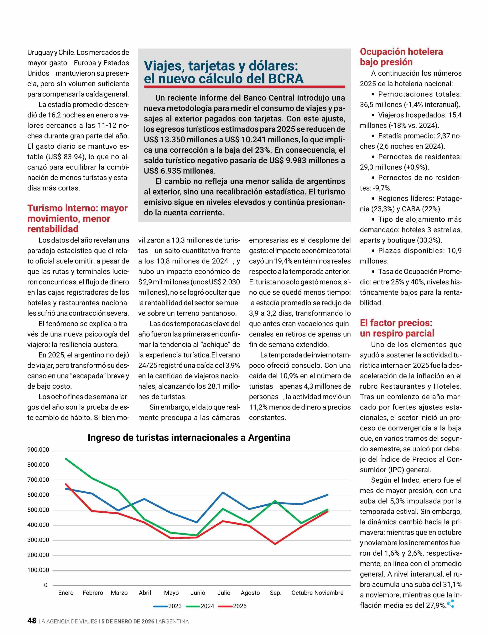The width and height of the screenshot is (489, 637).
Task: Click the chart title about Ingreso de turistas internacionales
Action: coord(189,438)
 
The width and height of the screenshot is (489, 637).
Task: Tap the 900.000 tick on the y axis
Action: coord(38,450)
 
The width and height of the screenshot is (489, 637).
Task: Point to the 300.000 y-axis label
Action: coord(38,540)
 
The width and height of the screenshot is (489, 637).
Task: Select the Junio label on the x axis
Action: coord(198,593)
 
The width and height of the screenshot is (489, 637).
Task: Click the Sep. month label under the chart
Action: coord(275,593)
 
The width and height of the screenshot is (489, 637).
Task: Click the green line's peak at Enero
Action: coord(66,458)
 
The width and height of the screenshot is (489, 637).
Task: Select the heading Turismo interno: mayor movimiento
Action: coord(77,218)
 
